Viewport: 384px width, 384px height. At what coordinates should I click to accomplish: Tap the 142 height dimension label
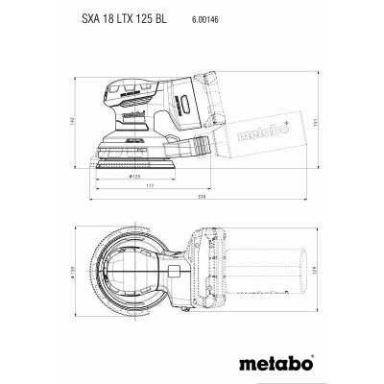pyautogui.click(x=85, y=122)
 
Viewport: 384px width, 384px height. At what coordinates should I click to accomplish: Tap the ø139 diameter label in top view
pyautogui.click(x=85, y=276)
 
